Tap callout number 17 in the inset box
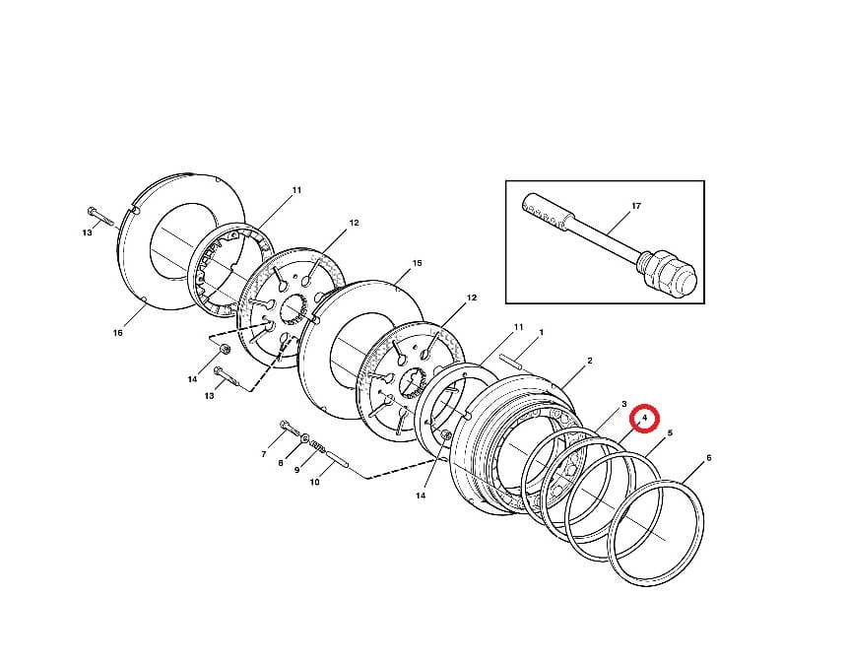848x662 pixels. [x=636, y=206]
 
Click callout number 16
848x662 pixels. [x=118, y=333]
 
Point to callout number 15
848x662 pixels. [x=417, y=263]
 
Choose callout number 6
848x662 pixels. [x=709, y=458]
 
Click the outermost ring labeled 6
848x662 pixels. [x=656, y=533]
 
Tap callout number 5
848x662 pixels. [x=670, y=433]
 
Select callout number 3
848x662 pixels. [x=624, y=404]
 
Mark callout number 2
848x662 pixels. [x=590, y=361]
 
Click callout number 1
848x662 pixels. [x=542, y=332]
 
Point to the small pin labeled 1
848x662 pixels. [x=510, y=362]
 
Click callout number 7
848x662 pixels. [x=264, y=454]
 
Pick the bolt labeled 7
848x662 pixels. [x=289, y=428]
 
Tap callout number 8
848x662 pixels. [x=281, y=463]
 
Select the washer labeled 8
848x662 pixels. [x=305, y=438]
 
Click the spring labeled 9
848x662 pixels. [x=317, y=447]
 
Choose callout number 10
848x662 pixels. [x=315, y=482]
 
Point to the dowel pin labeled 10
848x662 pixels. [x=337, y=460]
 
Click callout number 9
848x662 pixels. [x=296, y=471]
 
